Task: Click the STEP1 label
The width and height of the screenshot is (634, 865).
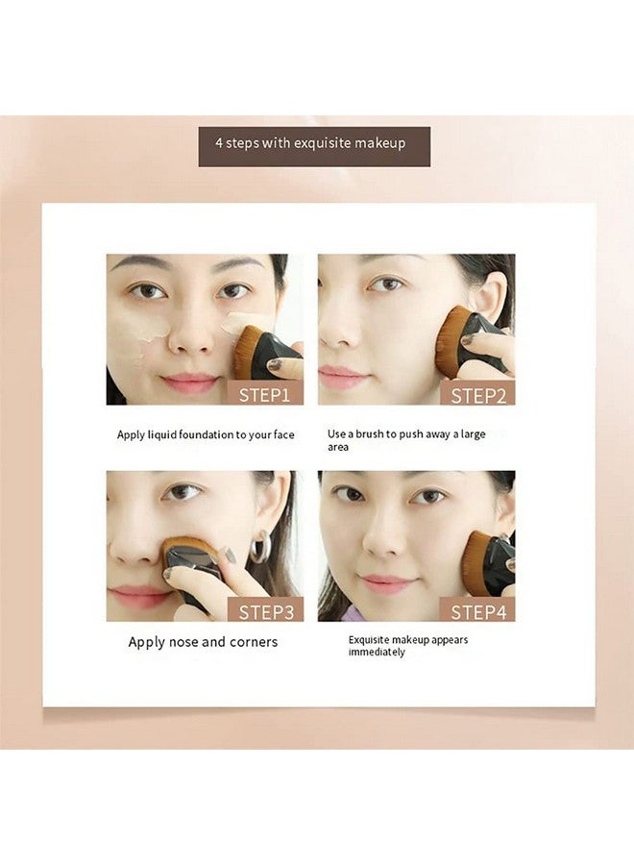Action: click(x=264, y=393)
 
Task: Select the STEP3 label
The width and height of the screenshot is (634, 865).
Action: click(x=265, y=610)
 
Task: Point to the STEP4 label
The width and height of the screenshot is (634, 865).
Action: click(x=477, y=610)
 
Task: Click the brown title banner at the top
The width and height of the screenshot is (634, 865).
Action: click(x=314, y=146)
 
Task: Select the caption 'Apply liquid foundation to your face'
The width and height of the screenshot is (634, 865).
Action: click(x=206, y=434)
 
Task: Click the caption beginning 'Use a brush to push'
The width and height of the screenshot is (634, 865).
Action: click(x=406, y=440)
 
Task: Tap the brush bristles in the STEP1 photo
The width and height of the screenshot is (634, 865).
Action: click(x=246, y=353)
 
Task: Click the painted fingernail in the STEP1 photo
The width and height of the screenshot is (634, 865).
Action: click(x=274, y=365)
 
